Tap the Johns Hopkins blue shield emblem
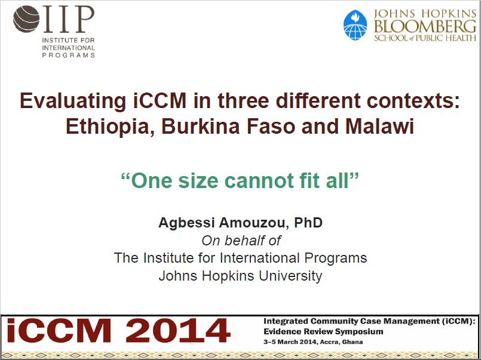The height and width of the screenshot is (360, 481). tap(356, 25)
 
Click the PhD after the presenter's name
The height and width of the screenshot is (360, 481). tap(309, 223)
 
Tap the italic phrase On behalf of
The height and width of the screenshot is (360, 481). tap(241, 241)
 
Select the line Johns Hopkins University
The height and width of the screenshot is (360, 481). tap(240, 276)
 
